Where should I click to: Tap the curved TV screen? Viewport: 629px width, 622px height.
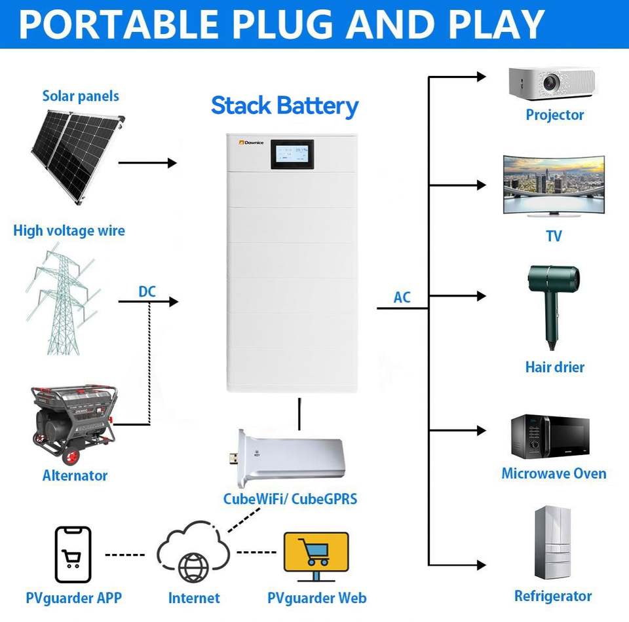tap(554, 185)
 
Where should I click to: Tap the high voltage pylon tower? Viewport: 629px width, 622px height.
tap(62, 301)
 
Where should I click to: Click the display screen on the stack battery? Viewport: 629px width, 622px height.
tap(292, 155)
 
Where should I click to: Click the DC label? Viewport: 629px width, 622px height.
tap(147, 291)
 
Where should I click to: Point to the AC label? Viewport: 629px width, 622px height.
tap(402, 297)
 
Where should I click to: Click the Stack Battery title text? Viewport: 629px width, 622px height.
tap(285, 105)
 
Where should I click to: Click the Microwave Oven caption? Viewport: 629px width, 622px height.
tap(554, 473)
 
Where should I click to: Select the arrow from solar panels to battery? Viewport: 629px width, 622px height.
tap(147, 162)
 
